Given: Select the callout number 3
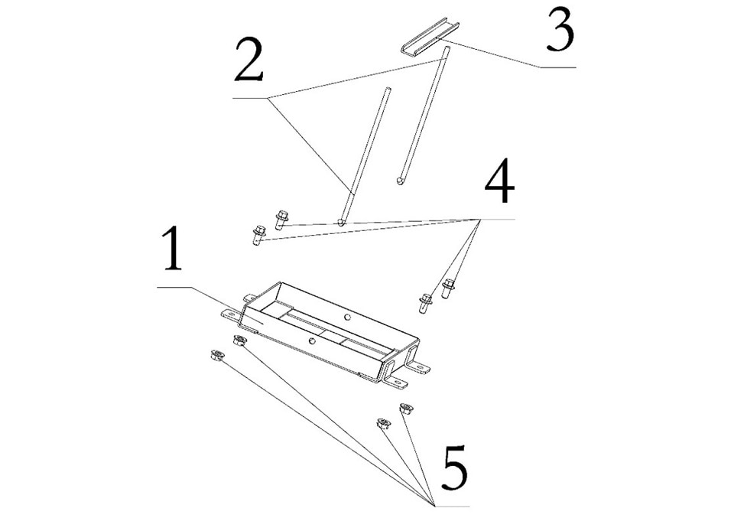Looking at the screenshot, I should pyautogui.click(x=560, y=33).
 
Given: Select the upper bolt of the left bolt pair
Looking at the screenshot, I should pyautogui.click(x=280, y=218).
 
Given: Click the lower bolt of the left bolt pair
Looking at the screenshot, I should pyautogui.click(x=258, y=233).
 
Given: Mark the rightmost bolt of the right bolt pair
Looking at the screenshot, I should pyautogui.click(x=448, y=289).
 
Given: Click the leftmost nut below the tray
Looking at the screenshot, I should pyautogui.click(x=216, y=355).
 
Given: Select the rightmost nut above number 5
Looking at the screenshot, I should pyautogui.click(x=405, y=409).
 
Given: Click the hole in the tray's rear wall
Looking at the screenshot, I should pyautogui.click(x=346, y=315).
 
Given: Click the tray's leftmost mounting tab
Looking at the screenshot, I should pyautogui.click(x=229, y=314).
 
